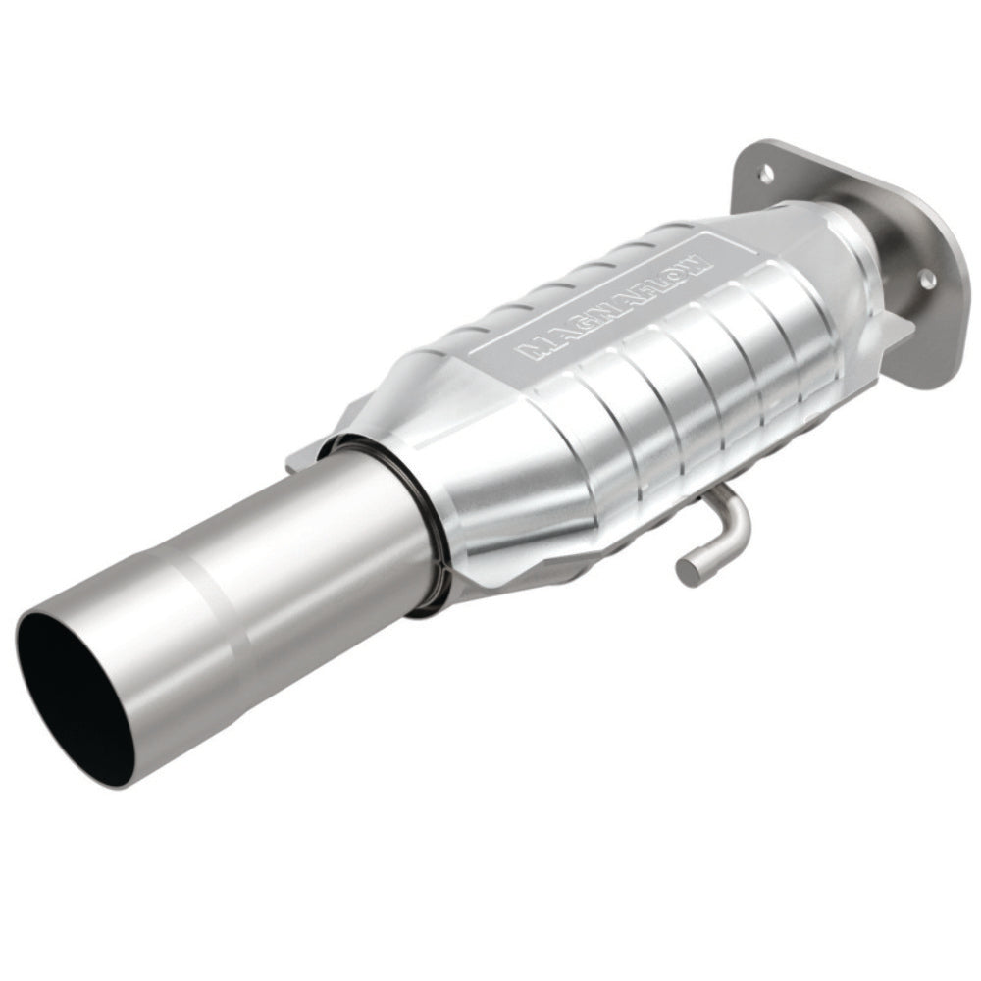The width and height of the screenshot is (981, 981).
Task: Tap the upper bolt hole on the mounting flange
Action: pos(766,175)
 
